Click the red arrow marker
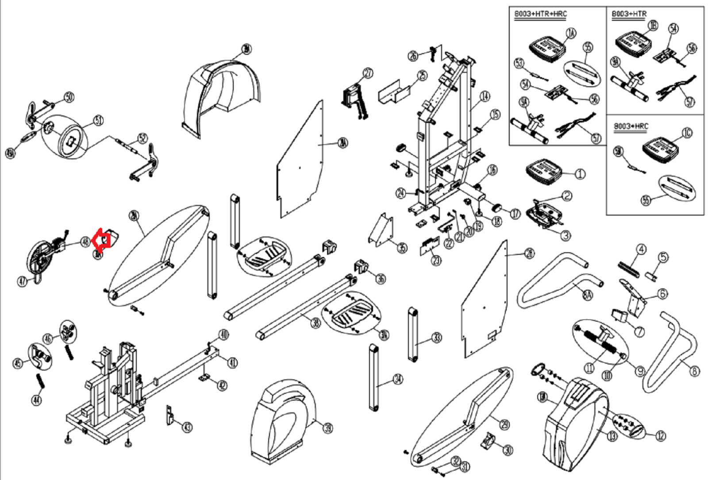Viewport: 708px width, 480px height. click(x=102, y=239)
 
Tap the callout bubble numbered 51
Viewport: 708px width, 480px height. click(x=98, y=120)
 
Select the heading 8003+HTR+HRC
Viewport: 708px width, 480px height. click(x=540, y=14)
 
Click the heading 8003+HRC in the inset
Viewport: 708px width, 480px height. click(x=631, y=127)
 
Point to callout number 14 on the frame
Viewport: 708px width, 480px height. click(x=485, y=96)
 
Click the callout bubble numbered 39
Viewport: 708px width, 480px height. click(x=327, y=428)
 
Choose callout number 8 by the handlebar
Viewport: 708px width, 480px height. click(x=695, y=371)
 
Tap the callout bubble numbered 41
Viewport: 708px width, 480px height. click(x=232, y=363)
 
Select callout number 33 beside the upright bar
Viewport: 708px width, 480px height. click(x=437, y=338)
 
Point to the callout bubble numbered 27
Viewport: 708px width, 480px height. click(x=368, y=73)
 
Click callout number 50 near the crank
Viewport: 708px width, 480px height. click(x=69, y=97)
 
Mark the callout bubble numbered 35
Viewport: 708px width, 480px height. click(x=402, y=248)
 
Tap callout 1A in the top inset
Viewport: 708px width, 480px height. click(x=571, y=33)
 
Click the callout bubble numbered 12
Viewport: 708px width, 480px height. click(x=660, y=436)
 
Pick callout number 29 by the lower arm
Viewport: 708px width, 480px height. click(x=504, y=424)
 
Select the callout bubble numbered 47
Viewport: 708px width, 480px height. click(x=23, y=281)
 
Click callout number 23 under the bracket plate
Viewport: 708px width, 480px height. click(x=436, y=260)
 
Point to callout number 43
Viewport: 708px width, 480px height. click(x=187, y=427)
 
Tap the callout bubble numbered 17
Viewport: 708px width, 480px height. click(x=515, y=214)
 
